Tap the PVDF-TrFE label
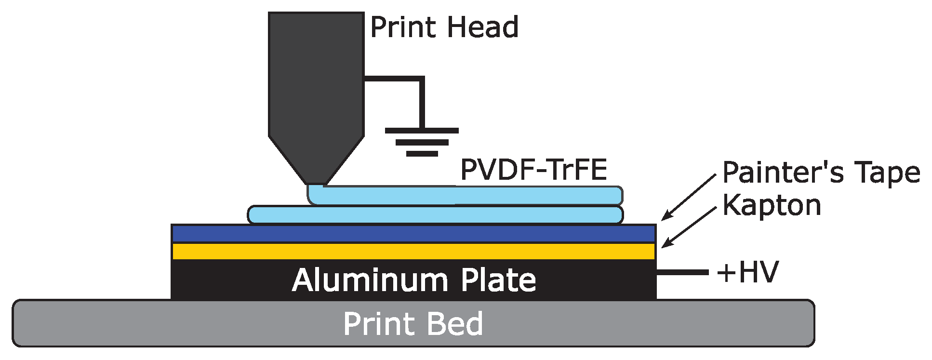[533, 170]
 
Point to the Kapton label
[772, 205]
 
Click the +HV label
[747, 272]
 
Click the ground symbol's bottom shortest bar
[422, 154]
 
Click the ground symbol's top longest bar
[422, 131]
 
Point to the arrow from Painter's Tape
[689, 197]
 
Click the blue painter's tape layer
[413, 234]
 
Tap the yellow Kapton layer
[413, 251]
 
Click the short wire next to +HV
[682, 273]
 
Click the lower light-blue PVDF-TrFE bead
[434, 215]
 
